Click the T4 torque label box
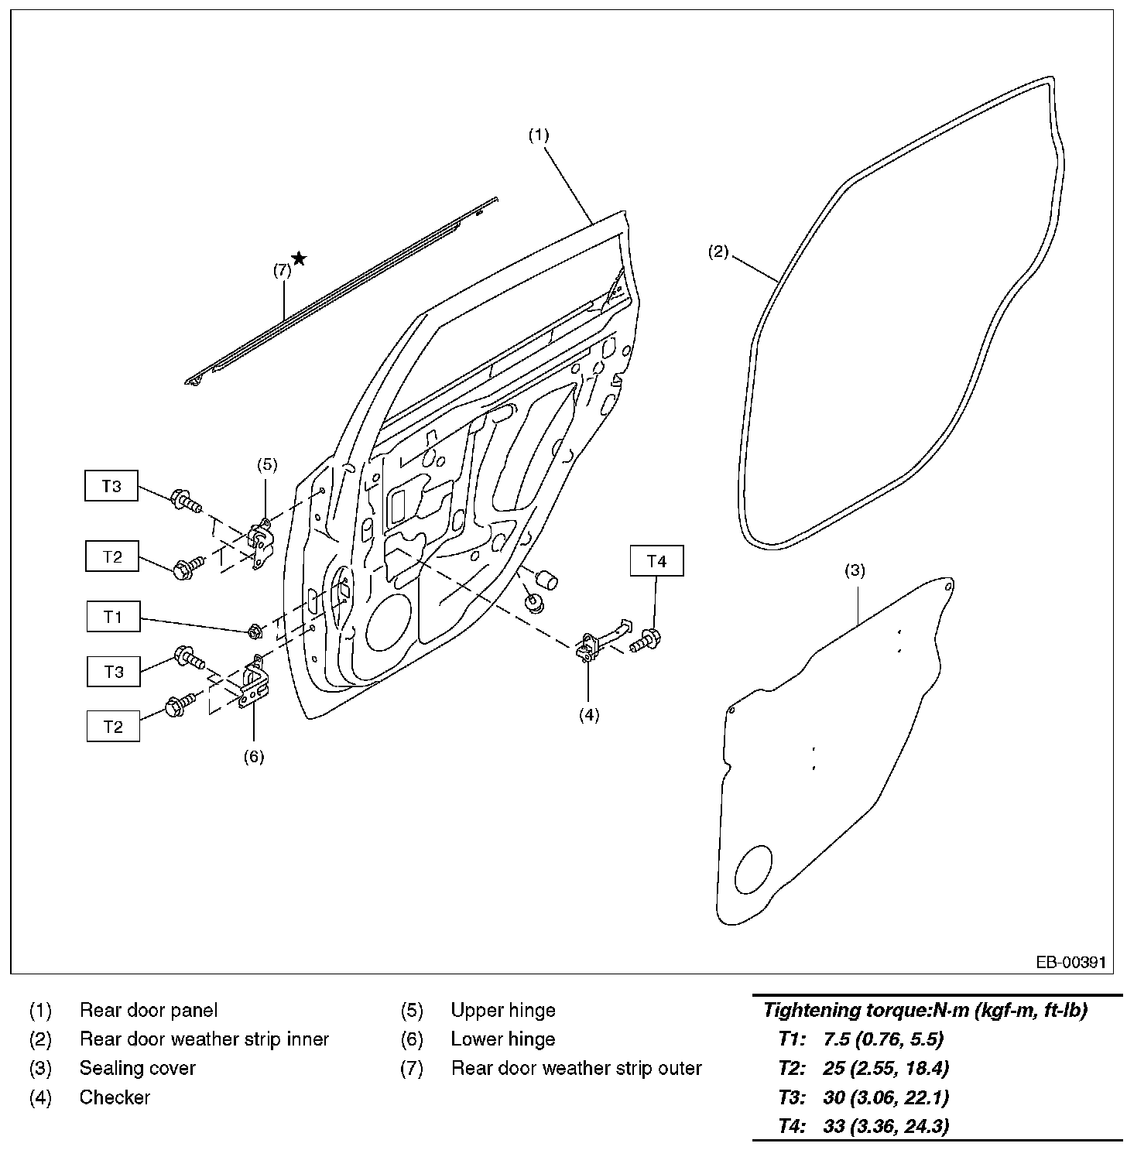coord(656,562)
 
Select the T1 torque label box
coord(113,617)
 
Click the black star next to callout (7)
coord(299,258)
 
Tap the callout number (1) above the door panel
coord(539,135)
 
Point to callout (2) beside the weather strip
coord(718,252)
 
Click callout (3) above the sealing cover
coord(854,571)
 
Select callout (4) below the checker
coord(589,714)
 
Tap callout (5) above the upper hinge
coord(266,464)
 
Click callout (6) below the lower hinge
coord(254,756)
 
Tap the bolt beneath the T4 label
coord(646,640)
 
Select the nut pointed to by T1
coord(254,631)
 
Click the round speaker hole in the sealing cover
coord(752,869)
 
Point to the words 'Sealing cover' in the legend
coord(138,1068)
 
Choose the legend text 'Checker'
coord(115,1097)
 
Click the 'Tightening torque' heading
coord(925,1010)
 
